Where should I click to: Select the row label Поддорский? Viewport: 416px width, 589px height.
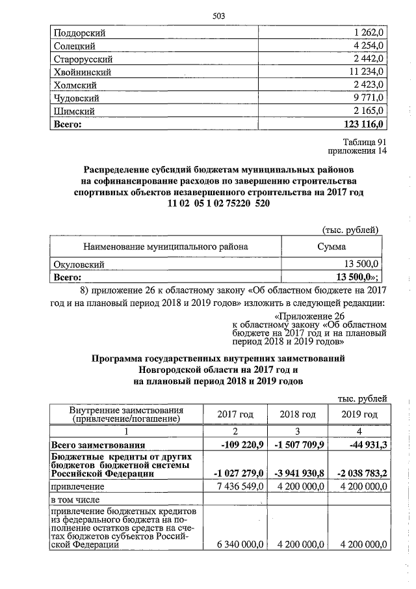[x=79, y=33]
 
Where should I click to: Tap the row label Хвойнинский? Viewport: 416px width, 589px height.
[x=83, y=72]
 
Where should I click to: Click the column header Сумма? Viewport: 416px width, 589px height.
[x=331, y=247]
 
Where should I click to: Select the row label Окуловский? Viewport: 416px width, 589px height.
[x=79, y=264]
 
